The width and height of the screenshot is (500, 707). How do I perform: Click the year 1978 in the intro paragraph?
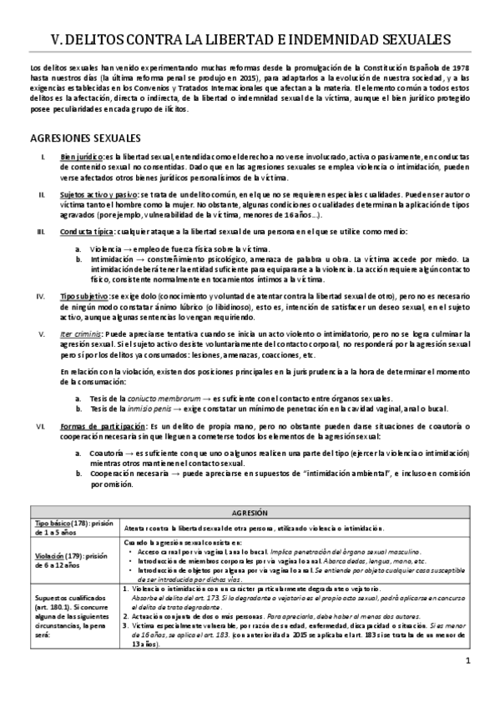462,66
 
